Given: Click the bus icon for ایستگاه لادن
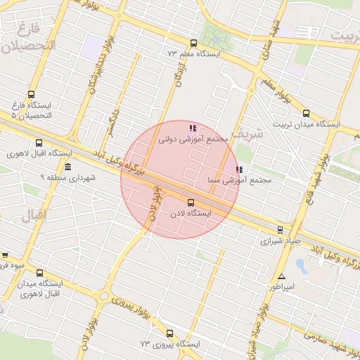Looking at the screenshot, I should point(191,202).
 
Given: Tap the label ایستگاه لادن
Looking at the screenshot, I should point(191,212).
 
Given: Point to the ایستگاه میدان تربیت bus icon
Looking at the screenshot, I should point(305,113).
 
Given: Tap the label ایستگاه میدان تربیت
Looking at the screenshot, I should point(305,124).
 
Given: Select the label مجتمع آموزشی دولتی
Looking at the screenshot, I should point(193,139).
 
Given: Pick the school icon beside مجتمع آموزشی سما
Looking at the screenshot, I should point(240,169).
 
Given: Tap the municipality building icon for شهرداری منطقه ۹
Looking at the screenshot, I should point(67,167).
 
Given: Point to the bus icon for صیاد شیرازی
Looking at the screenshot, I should point(280,229).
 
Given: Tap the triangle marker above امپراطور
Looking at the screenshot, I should point(281,276).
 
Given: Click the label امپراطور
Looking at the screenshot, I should point(281,288).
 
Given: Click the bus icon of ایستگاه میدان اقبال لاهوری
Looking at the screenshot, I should point(39,273).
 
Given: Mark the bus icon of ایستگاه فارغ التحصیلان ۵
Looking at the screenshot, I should point(31,95).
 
